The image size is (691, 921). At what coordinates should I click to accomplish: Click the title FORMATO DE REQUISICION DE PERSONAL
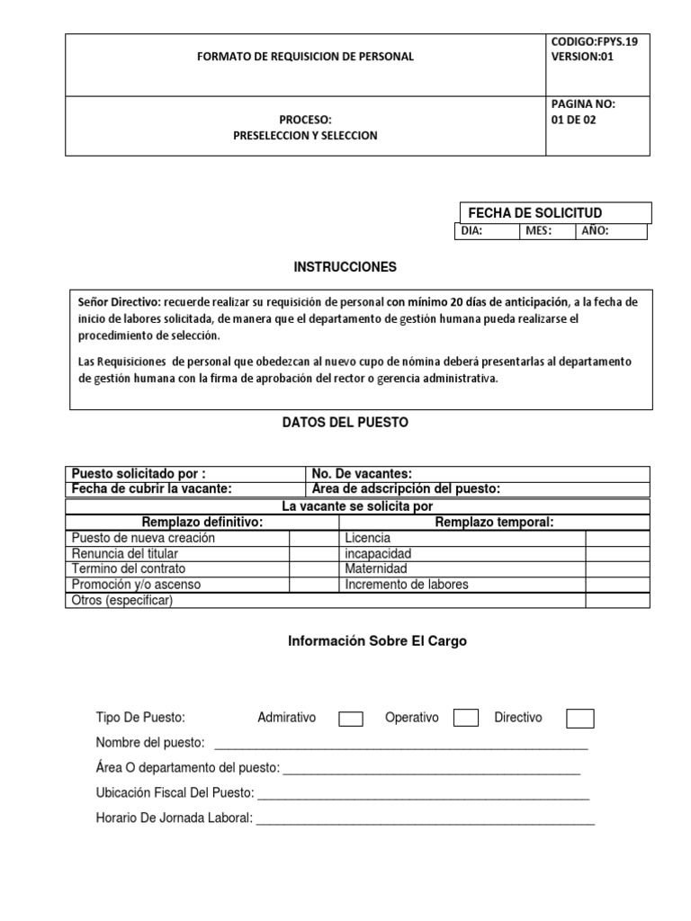coord(306,56)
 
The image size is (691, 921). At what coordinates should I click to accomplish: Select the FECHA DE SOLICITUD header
coord(534,212)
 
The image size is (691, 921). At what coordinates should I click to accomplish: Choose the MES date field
coord(548,231)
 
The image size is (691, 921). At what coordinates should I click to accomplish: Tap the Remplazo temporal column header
coord(494,522)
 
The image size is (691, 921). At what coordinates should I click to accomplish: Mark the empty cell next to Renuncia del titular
coord(313,553)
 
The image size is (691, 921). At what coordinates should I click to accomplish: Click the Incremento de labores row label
coord(406,584)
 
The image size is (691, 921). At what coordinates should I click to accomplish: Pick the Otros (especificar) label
coord(121,600)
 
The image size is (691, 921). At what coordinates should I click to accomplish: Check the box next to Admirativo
coord(350,718)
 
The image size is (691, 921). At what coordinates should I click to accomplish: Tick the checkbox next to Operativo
coord(465,717)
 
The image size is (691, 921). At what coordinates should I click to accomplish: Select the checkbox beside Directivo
coord(580,718)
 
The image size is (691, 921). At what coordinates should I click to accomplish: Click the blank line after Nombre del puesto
coord(400,743)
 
